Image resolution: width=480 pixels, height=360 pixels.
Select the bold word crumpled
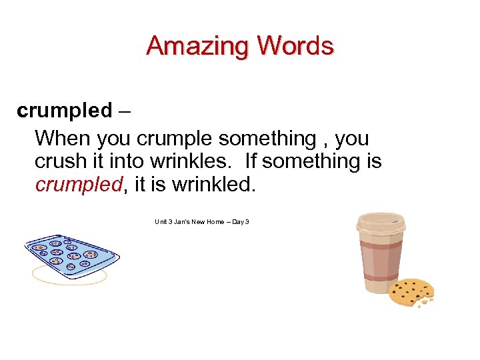(x=64, y=110)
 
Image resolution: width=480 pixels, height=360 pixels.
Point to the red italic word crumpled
(x=79, y=184)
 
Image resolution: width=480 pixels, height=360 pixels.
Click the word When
(x=63, y=139)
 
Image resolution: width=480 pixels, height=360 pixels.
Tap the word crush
(x=58, y=161)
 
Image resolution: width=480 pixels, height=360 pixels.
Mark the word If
(x=251, y=161)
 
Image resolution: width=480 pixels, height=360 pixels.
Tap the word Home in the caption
(x=215, y=221)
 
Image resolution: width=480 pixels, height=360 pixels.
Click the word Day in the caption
(x=238, y=221)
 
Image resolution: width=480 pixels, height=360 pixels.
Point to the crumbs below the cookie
(x=424, y=303)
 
